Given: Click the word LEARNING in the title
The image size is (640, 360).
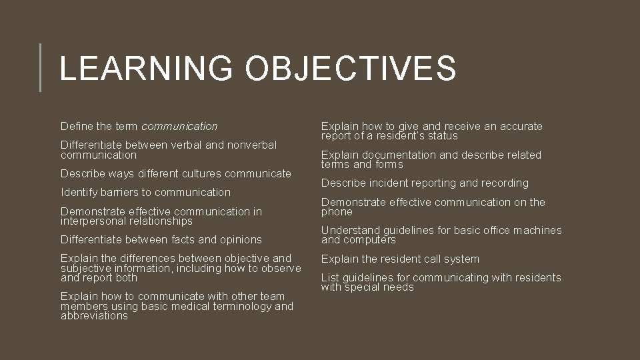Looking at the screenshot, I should [x=145, y=69].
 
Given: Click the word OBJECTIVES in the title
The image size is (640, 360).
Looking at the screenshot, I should [x=351, y=69].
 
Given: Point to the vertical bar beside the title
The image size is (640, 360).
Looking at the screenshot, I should [x=41, y=67].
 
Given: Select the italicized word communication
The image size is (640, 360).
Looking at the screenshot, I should [x=179, y=126].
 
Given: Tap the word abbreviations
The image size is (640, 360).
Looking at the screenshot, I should [x=94, y=316].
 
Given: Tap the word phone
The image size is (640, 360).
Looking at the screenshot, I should [x=337, y=212].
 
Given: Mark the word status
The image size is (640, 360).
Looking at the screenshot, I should [x=441, y=136].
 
